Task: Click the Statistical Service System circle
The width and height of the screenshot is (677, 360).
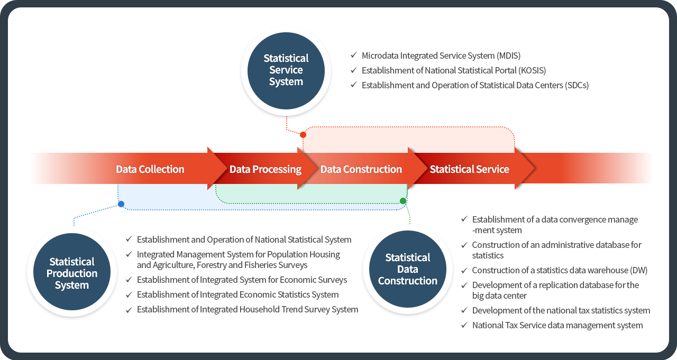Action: pos(286,70)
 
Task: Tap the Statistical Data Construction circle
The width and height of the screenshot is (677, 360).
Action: pos(407,269)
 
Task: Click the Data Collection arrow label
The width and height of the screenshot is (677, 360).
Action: pos(150,169)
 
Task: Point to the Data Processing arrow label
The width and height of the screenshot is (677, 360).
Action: pos(265,169)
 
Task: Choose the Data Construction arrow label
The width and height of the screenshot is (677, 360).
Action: pos(361,169)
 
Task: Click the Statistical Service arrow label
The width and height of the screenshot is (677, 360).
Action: pos(469,169)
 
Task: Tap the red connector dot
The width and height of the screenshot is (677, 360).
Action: pos(303,135)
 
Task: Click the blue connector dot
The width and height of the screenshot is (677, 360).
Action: pos(121,204)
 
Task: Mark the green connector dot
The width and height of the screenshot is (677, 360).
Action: pos(403,201)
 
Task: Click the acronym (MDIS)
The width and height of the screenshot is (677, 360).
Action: pos(508,56)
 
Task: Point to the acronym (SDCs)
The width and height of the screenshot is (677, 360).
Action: pos(577,85)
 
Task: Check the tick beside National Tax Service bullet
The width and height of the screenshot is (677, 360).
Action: pos(464,325)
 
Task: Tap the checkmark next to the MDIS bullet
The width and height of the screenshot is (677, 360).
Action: pos(353,55)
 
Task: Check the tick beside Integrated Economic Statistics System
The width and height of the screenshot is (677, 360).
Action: pos(129,295)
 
